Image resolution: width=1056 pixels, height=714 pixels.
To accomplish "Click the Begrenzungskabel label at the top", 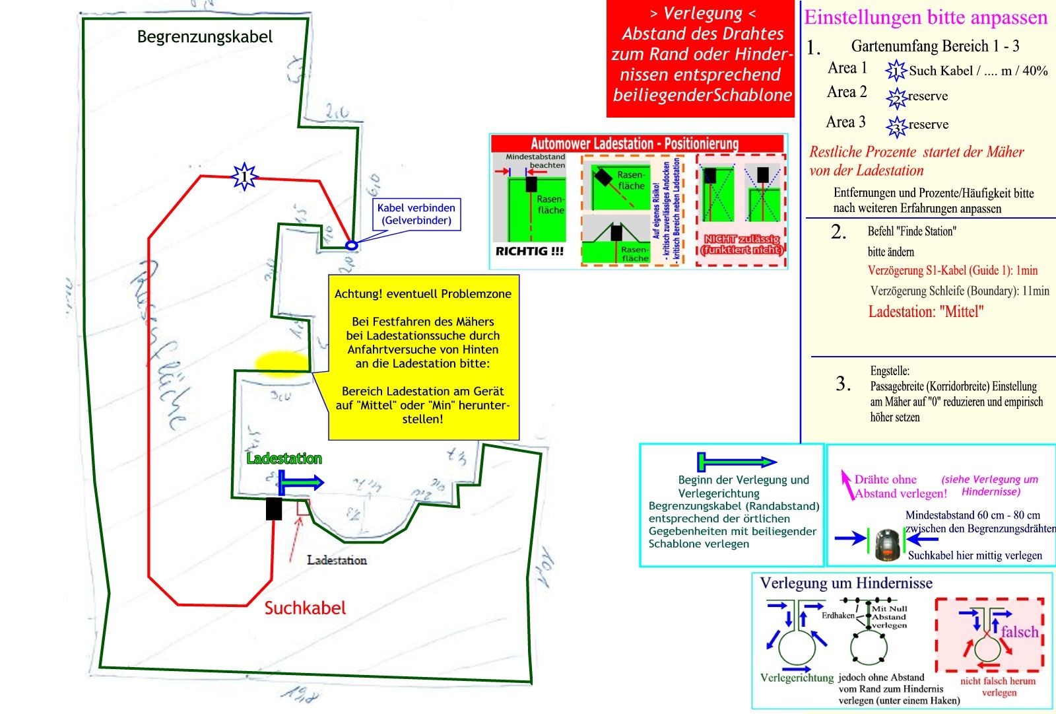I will [205, 37].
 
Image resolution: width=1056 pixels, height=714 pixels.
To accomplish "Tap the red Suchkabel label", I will [305, 608].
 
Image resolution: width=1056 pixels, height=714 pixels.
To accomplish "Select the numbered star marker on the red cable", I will [244, 177].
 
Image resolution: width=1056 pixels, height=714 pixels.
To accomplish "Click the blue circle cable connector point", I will [352, 246].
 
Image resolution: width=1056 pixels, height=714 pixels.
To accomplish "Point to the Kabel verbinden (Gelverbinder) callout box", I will [416, 214].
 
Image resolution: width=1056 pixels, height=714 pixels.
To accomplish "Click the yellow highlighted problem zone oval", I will [282, 362].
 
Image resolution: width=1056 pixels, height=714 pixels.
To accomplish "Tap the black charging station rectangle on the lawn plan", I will [274, 509].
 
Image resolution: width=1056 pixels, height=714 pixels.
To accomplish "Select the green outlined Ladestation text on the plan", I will [284, 458].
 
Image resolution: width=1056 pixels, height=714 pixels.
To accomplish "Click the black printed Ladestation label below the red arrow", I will [337, 560].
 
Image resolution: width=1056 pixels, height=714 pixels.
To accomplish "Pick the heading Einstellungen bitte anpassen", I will [925, 17].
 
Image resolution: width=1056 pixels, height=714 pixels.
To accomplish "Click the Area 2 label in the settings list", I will [847, 92].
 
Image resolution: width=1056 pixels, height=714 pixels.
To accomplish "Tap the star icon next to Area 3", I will [896, 125].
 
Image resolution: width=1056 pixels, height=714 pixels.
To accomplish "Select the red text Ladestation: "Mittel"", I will [925, 312].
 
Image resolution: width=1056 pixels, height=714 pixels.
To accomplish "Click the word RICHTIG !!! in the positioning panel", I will [529, 252].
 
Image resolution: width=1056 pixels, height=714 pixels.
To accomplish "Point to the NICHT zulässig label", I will [742, 244].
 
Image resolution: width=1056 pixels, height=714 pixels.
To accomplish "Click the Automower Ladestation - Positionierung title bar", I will [635, 143].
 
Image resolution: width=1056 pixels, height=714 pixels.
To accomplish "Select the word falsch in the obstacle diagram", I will [1019, 632].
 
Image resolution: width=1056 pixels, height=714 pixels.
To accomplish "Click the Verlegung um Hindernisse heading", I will [846, 583].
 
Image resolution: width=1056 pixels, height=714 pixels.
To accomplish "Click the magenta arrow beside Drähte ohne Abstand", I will [845, 483].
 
